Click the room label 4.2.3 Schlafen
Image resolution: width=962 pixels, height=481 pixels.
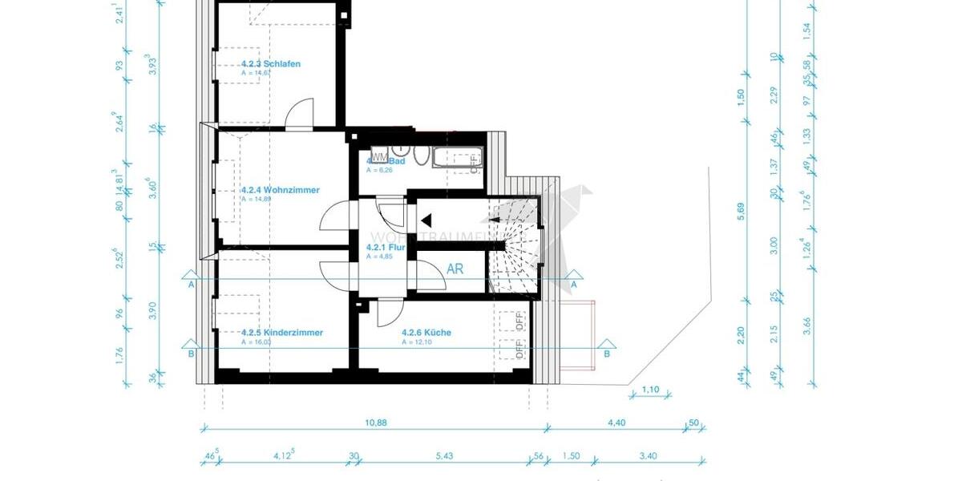click(x=271, y=63)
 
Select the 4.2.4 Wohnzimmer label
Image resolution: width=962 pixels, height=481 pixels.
click(x=280, y=190)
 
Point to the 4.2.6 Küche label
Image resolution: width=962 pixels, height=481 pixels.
click(x=426, y=332)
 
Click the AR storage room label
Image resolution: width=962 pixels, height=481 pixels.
click(x=455, y=269)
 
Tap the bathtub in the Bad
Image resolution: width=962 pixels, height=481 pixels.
click(x=456, y=158)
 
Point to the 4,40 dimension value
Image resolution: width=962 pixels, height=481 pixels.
click(x=616, y=423)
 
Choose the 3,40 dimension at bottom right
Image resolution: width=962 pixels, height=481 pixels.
click(x=649, y=456)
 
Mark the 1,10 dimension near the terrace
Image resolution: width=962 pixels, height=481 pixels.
click(x=650, y=390)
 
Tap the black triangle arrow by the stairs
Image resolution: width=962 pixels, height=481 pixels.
click(x=426, y=219)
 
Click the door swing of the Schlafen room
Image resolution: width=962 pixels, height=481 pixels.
click(x=300, y=114)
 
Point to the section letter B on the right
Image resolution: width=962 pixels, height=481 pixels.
click(x=607, y=353)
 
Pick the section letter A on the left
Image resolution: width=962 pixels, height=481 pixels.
click(x=192, y=284)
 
